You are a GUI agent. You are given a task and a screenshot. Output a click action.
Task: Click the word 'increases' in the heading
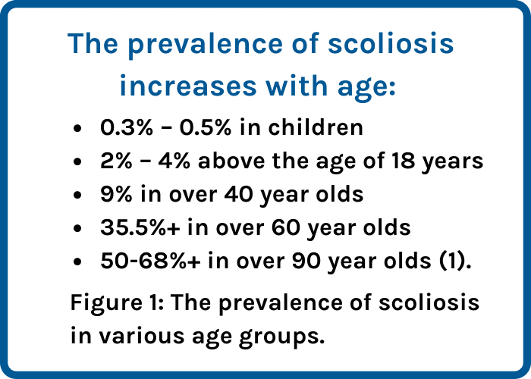click(188, 86)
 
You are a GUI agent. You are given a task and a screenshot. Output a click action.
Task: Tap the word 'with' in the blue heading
click(297, 85)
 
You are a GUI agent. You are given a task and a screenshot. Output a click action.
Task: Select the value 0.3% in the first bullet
click(127, 127)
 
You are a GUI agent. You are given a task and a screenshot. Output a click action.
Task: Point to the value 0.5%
click(206, 127)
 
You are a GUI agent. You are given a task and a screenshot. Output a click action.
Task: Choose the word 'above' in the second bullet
click(231, 161)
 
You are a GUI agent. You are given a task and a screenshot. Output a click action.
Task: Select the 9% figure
click(116, 195)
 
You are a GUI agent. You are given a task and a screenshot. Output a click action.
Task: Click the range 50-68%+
click(150, 262)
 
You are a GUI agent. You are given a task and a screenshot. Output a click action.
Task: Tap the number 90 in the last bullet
click(306, 262)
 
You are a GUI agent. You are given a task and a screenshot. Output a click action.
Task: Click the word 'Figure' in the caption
click(106, 303)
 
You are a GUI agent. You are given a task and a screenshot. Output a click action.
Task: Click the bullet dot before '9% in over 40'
click(77, 196)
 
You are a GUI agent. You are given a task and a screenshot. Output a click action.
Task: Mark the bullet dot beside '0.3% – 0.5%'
click(77, 129)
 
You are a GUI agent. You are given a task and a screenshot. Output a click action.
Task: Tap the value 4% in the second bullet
click(174, 161)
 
